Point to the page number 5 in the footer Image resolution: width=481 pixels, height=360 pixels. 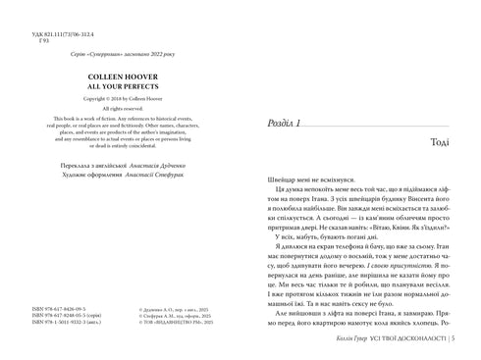point(464,340)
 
